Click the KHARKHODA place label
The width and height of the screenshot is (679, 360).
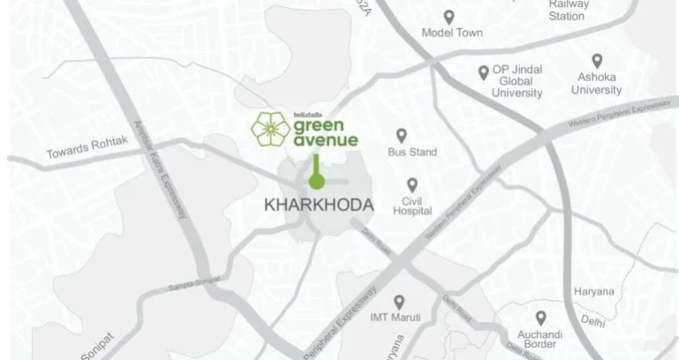click(x=319, y=205)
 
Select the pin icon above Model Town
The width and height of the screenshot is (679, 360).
click(x=449, y=17)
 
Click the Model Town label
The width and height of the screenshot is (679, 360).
click(x=449, y=36)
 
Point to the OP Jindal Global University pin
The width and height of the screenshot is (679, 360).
click(x=483, y=73)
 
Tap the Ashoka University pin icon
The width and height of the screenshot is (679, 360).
click(x=597, y=61)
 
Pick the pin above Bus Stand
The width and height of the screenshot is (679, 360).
click(x=401, y=135)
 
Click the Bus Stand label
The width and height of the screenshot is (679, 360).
click(x=412, y=153)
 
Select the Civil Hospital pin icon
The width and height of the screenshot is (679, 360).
click(x=411, y=185)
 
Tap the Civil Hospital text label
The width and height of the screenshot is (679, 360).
click(x=412, y=206)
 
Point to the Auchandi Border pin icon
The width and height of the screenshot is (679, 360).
click(x=539, y=316)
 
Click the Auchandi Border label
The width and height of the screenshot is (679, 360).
click(x=539, y=339)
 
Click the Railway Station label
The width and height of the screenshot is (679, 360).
click(x=566, y=10)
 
